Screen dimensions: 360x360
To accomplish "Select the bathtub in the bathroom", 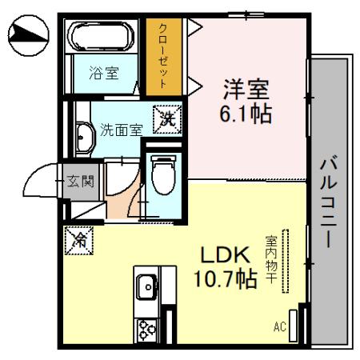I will pos(104,37).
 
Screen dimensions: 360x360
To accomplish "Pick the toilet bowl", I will pos(163,173).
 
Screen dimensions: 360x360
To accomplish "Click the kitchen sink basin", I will pos(147,286).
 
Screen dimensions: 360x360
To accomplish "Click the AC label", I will pos(280,326).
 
